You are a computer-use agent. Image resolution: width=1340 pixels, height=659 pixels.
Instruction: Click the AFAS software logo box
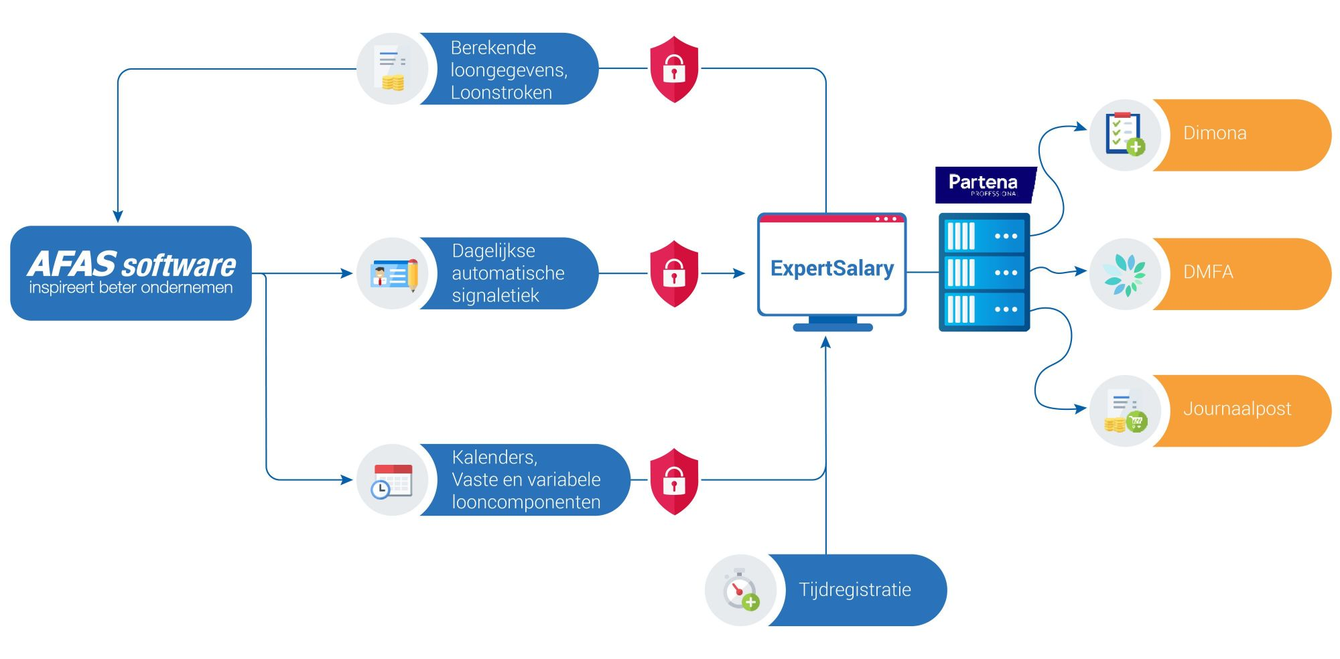tap(131, 273)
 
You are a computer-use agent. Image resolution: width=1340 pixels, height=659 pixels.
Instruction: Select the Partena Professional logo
tap(986, 185)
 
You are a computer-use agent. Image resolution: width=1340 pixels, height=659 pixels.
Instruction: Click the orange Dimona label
tap(1242, 135)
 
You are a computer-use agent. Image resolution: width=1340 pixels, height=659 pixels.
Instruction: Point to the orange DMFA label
tap(1242, 273)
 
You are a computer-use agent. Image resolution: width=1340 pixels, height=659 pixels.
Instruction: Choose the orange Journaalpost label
tap(1242, 411)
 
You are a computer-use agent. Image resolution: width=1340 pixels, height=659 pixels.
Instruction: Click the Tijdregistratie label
tap(857, 590)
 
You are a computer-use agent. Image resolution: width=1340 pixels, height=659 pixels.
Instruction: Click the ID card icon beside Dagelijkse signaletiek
tap(394, 274)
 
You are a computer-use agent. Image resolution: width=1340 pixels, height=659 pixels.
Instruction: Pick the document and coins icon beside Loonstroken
tap(392, 68)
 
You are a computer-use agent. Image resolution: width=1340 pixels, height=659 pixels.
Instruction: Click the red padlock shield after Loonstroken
tap(674, 70)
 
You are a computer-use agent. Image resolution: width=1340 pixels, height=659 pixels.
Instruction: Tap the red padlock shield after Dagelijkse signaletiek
tap(674, 274)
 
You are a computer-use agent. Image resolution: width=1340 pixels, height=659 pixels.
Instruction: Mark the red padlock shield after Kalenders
tap(674, 482)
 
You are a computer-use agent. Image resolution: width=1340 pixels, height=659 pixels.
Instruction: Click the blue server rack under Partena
tap(984, 272)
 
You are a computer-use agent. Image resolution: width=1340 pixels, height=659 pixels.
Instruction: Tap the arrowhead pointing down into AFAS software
tap(118, 217)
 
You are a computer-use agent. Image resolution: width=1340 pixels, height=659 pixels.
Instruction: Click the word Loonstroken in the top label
tap(501, 92)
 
